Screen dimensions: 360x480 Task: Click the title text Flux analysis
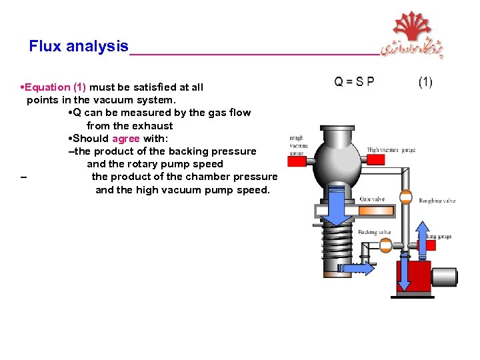(79, 47)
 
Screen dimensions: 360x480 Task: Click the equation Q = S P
(354, 82)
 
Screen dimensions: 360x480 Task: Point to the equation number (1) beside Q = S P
(425, 82)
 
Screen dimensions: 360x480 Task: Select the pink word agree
(126, 139)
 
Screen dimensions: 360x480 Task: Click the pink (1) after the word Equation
(79, 87)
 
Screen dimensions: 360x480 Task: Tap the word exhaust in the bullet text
(153, 126)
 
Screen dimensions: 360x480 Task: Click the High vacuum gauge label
(391, 151)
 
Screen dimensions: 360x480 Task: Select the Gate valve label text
(372, 199)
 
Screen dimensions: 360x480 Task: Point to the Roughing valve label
(437, 201)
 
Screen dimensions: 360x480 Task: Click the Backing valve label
(374, 233)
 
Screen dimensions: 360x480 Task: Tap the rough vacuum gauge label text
(297, 145)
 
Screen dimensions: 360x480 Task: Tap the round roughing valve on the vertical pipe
(405, 197)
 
